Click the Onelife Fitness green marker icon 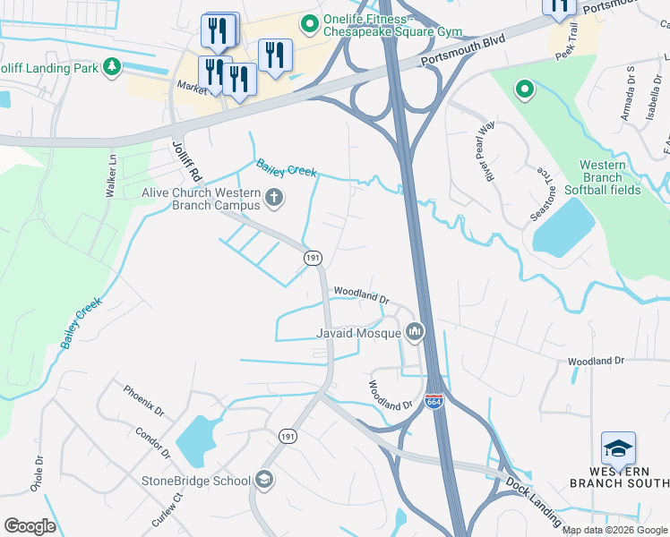pos(311,23)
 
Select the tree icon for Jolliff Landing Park pos(111,67)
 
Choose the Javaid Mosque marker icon pos(414,334)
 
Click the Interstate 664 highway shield pos(434,402)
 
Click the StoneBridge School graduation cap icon pos(264,481)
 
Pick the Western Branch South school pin pos(618,448)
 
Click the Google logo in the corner pos(30,526)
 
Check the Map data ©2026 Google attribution pos(614,530)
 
